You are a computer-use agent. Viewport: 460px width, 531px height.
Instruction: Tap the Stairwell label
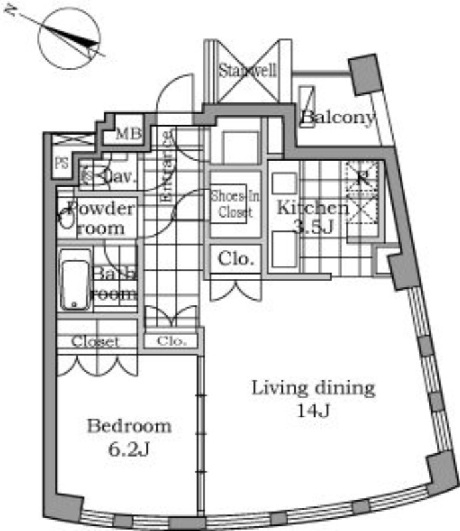(247, 70)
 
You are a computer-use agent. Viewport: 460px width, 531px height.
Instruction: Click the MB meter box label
(129, 135)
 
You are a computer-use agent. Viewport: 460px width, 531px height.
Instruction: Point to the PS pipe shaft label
(62, 163)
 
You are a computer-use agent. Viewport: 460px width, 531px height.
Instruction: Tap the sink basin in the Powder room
(66, 219)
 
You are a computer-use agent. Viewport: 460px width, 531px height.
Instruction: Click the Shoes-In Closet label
(231, 204)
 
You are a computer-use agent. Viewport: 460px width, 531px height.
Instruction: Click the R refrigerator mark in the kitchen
(362, 177)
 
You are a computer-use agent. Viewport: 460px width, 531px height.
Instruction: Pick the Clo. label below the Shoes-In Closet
(236, 260)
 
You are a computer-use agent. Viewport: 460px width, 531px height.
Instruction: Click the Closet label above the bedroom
(96, 342)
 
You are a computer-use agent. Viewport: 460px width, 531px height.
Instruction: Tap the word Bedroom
(129, 426)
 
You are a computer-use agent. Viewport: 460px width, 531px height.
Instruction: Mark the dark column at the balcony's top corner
(363, 74)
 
